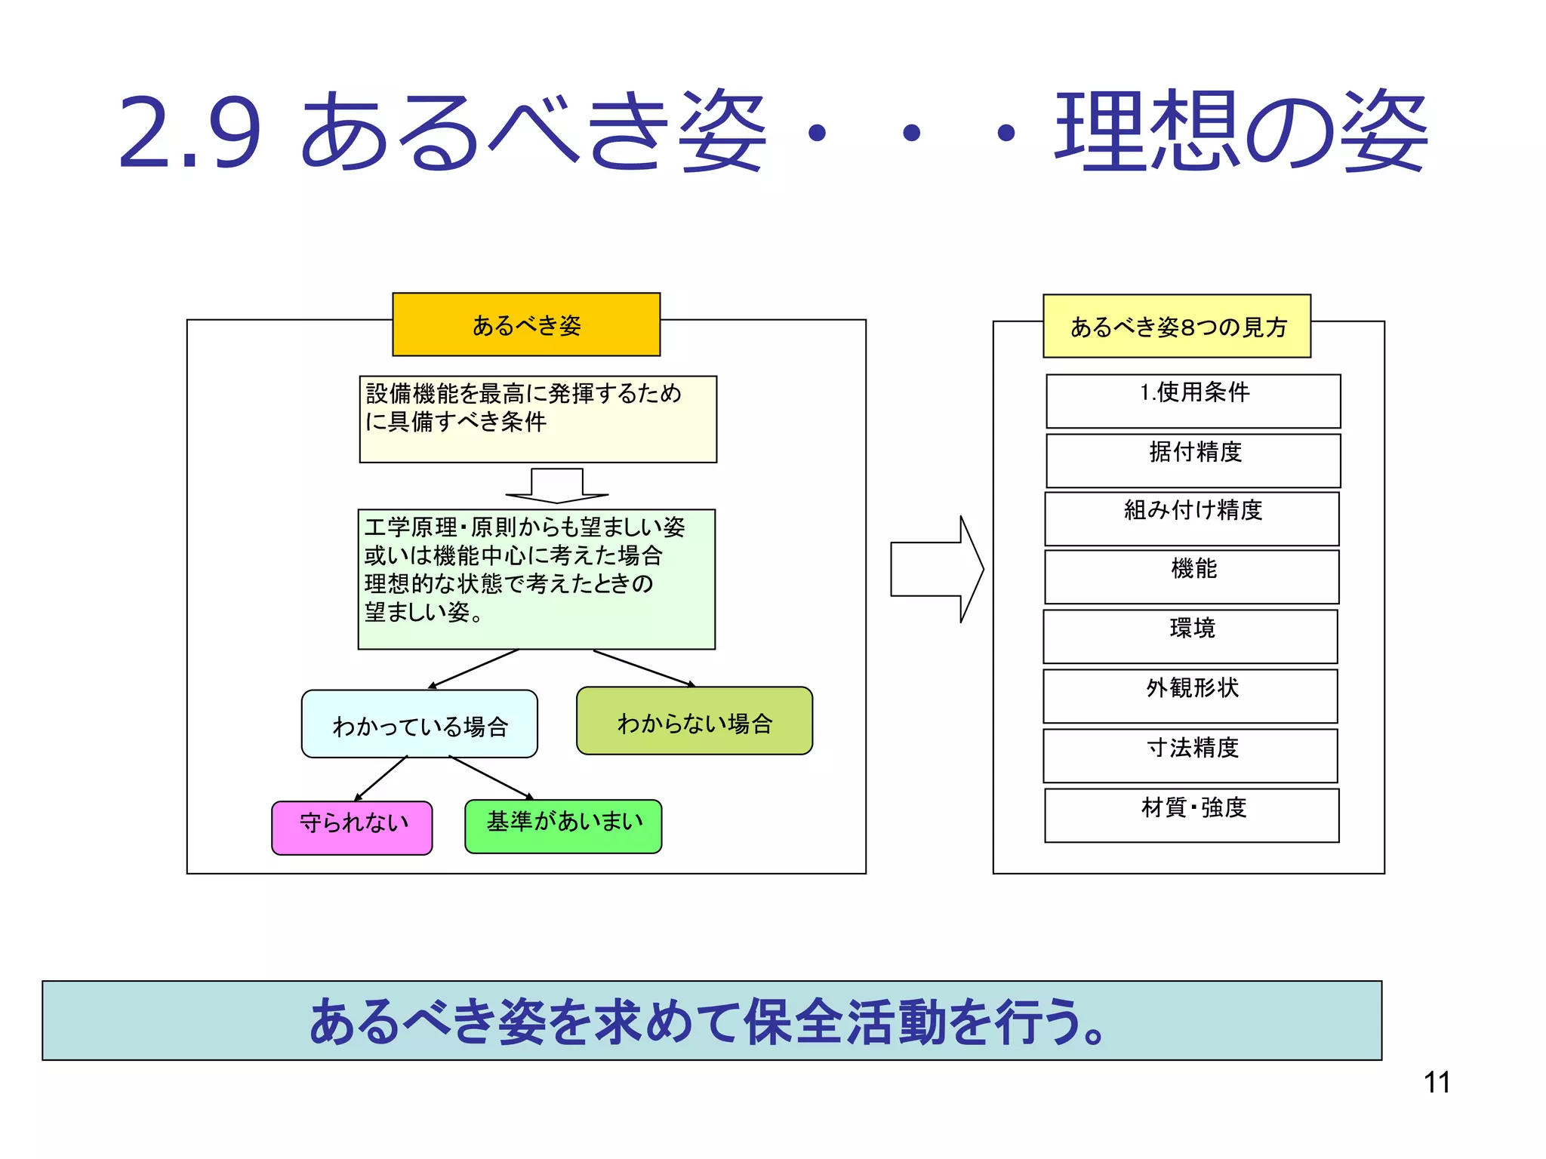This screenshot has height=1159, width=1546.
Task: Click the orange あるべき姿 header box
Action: point(526,324)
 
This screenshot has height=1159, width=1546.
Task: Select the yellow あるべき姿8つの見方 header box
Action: point(1177,326)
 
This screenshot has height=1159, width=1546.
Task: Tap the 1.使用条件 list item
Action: point(1193,401)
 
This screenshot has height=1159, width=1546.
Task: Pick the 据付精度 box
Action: point(1193,460)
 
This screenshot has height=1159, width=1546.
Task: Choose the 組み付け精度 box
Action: point(1192,518)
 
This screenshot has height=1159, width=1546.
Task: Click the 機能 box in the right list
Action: point(1192,576)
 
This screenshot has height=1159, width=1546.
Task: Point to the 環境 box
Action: point(1190,636)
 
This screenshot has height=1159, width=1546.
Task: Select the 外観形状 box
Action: point(1190,696)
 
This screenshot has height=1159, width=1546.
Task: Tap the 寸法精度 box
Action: point(1190,755)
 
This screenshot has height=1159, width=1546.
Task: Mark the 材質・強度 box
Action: point(1192,815)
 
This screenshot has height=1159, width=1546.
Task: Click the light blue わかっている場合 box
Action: point(420,724)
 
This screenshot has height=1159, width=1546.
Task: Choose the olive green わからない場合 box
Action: point(694,721)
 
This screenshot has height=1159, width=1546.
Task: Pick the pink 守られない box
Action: point(352,828)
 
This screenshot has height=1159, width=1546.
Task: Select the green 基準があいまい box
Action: point(563,826)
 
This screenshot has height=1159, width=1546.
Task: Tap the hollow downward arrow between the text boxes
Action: point(557,485)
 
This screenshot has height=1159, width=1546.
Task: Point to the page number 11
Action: point(1437,1083)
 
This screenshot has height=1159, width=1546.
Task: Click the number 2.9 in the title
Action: point(189,133)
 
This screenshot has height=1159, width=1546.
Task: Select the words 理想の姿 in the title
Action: point(1241,131)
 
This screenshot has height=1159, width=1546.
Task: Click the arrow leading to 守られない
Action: point(381,778)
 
